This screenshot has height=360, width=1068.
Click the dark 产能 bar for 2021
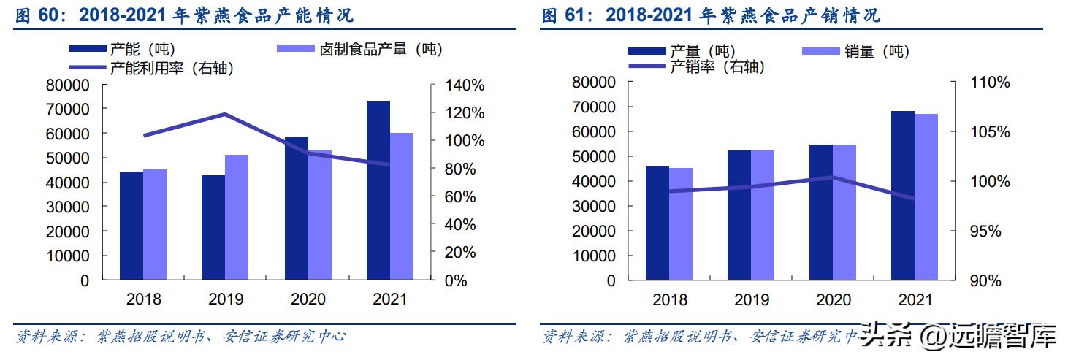[x=378, y=190]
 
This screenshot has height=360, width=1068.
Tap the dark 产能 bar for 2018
[x=131, y=226]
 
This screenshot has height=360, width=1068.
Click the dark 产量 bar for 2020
[x=821, y=212]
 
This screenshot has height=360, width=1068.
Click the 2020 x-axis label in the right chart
[x=834, y=300]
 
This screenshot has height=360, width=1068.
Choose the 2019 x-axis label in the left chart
[x=226, y=299]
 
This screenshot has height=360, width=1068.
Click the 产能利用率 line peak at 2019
[x=225, y=114]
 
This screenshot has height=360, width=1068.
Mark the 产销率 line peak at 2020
[x=833, y=177]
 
